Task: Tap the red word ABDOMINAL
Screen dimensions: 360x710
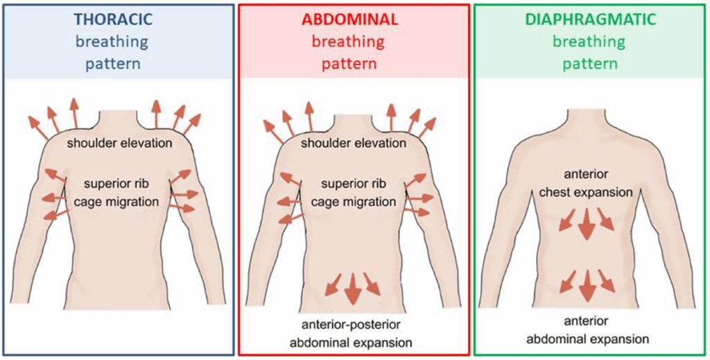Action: pos(350,19)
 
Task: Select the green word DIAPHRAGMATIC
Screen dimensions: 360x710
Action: pos(590,19)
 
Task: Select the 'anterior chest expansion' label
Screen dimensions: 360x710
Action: pos(587,184)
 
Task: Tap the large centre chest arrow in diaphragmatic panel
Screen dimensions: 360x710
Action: pos(587,223)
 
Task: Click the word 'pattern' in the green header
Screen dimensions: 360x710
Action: pos(590,64)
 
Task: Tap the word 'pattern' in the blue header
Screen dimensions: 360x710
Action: pos(114,64)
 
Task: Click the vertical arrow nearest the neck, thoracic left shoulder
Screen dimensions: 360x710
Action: pos(74,112)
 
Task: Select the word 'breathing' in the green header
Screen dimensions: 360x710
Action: pos(590,42)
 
